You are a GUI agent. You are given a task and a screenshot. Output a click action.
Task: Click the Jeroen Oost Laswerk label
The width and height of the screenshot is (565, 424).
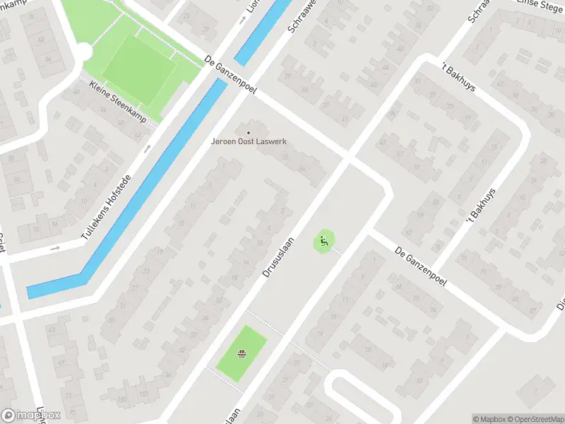247,141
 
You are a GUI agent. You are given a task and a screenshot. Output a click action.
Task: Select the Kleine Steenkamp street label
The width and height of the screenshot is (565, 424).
118,102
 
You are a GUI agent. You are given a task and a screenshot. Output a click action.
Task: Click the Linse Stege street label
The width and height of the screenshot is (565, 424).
540,6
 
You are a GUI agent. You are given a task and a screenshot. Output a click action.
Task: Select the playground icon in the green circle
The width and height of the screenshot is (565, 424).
324,242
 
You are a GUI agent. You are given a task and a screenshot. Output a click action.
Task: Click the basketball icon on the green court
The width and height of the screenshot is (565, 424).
242,354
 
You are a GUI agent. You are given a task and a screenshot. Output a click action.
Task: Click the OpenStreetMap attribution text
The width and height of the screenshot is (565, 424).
535,419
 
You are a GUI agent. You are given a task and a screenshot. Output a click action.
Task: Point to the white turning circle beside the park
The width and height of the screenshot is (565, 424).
83,52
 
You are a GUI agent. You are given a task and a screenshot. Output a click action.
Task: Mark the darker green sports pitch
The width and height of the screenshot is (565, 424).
139,69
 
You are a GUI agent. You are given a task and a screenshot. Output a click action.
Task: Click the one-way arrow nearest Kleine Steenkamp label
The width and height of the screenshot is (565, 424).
148,148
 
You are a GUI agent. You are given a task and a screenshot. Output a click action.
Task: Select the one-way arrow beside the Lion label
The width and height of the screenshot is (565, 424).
242,20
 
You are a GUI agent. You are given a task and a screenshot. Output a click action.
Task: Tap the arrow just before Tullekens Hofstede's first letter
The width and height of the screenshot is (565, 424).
56,248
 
